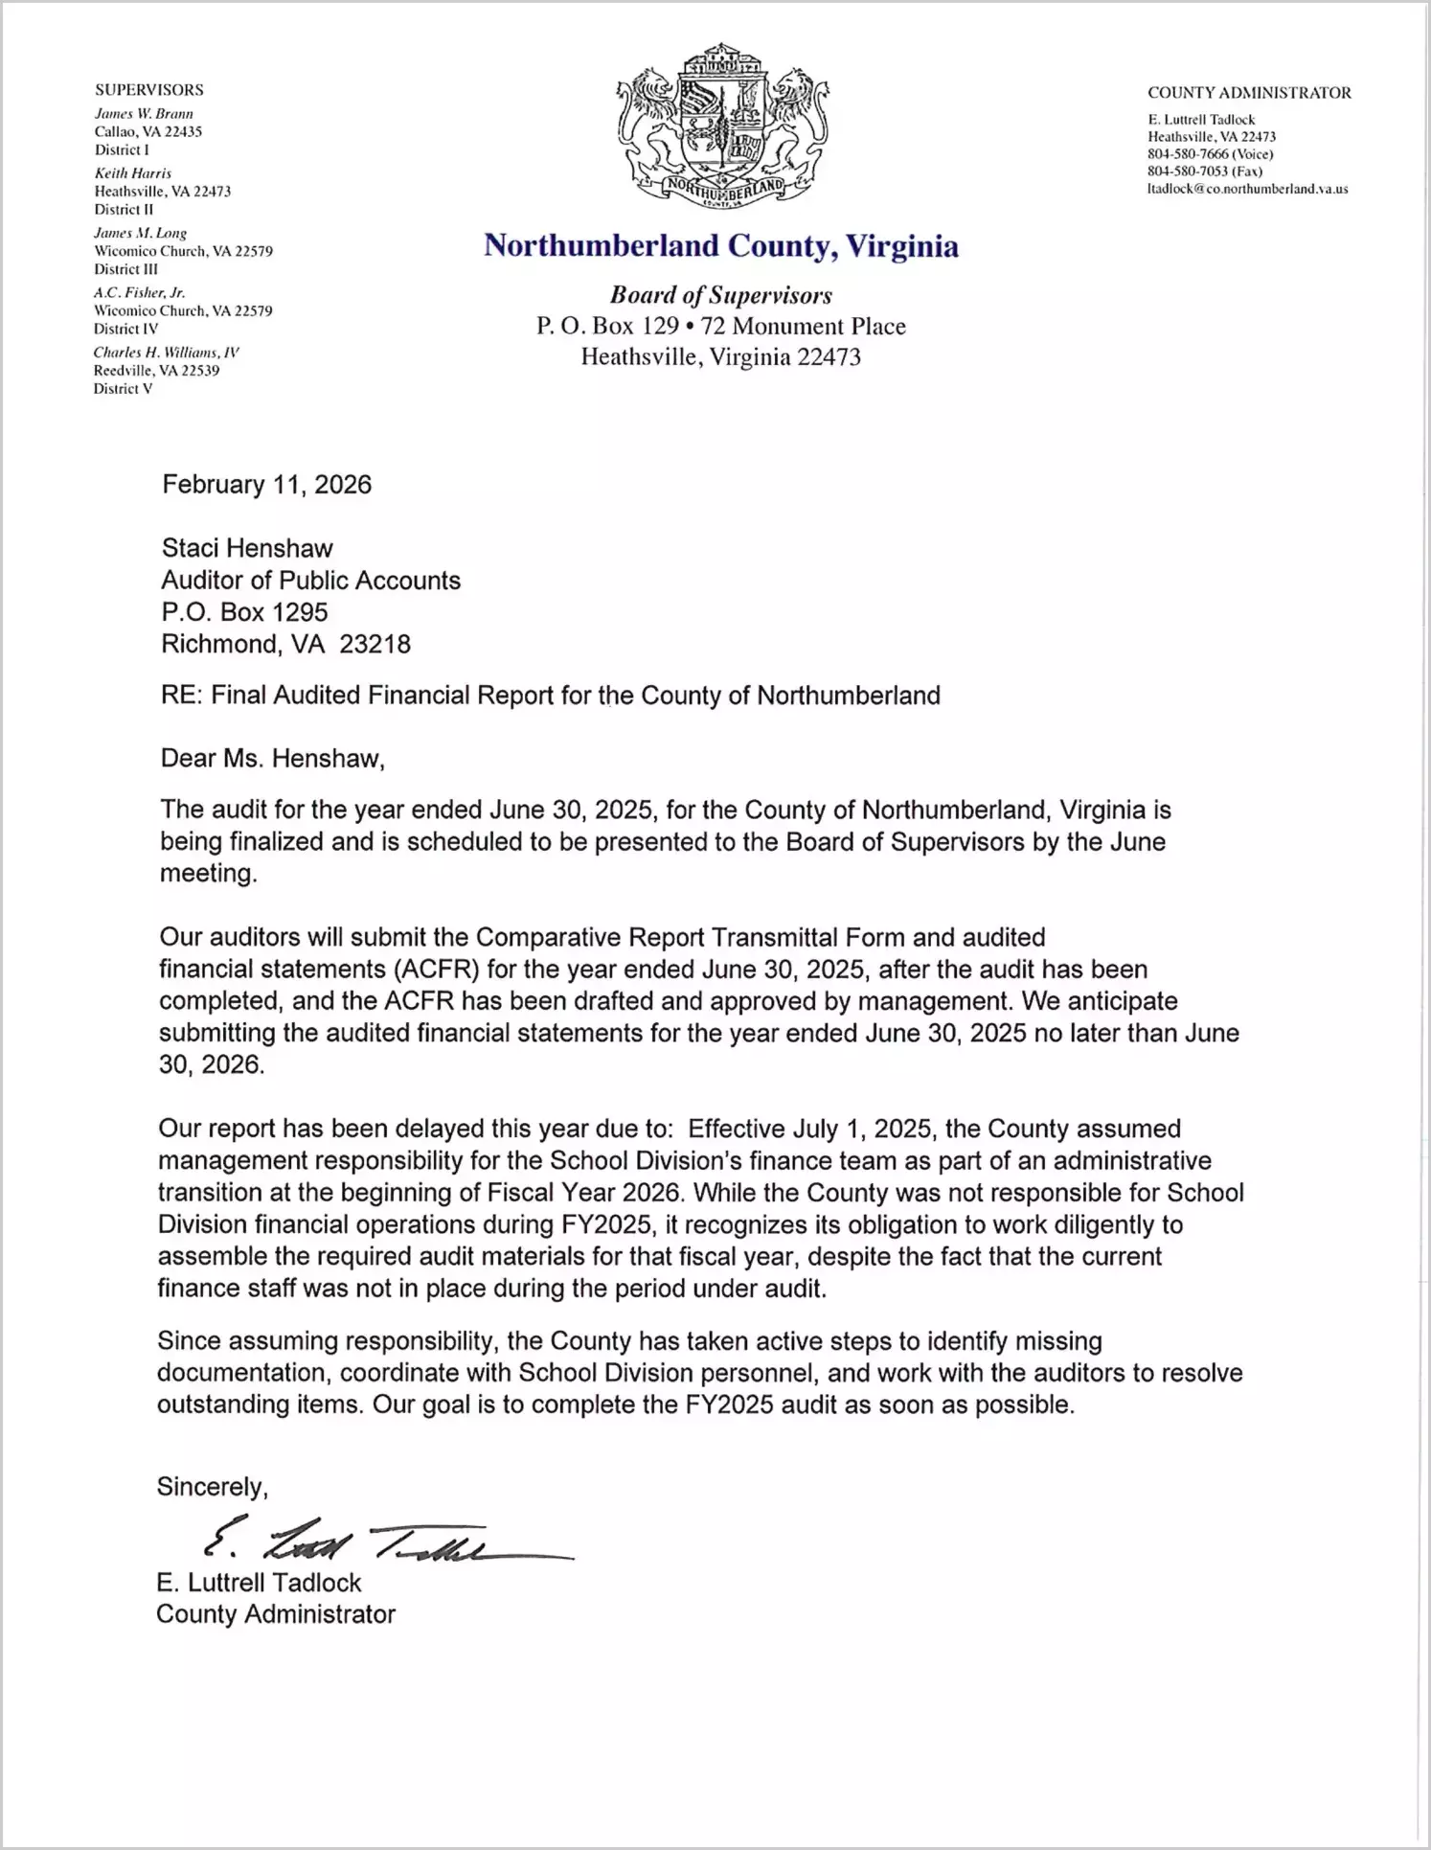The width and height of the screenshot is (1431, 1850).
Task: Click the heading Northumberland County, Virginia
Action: pyautogui.click(x=720, y=246)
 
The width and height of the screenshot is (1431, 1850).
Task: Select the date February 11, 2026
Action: pyautogui.click(x=266, y=485)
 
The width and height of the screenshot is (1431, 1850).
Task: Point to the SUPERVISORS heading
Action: pyautogui.click(x=148, y=90)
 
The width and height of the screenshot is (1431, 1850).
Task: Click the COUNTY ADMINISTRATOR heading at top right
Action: pyautogui.click(x=1249, y=93)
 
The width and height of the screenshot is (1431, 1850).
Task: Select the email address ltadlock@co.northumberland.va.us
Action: pyautogui.click(x=1247, y=190)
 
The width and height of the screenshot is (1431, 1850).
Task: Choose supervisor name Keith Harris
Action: pyautogui.click(x=132, y=173)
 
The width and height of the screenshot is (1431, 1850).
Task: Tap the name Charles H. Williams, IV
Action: pyautogui.click(x=166, y=353)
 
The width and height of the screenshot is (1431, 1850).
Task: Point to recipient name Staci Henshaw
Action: pyautogui.click(x=247, y=548)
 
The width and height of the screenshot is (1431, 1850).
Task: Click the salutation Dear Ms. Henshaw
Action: pyautogui.click(x=272, y=759)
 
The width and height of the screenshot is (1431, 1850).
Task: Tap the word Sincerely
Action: pyautogui.click(x=212, y=1487)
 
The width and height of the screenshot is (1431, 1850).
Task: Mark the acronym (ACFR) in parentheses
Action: pyautogui.click(x=435, y=970)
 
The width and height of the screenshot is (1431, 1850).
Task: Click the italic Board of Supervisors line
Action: pyautogui.click(x=720, y=296)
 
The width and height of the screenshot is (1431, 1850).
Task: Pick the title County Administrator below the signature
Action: pyautogui.click(x=276, y=1614)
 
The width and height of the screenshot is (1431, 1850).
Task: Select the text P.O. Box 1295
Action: pyautogui.click(x=244, y=612)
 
